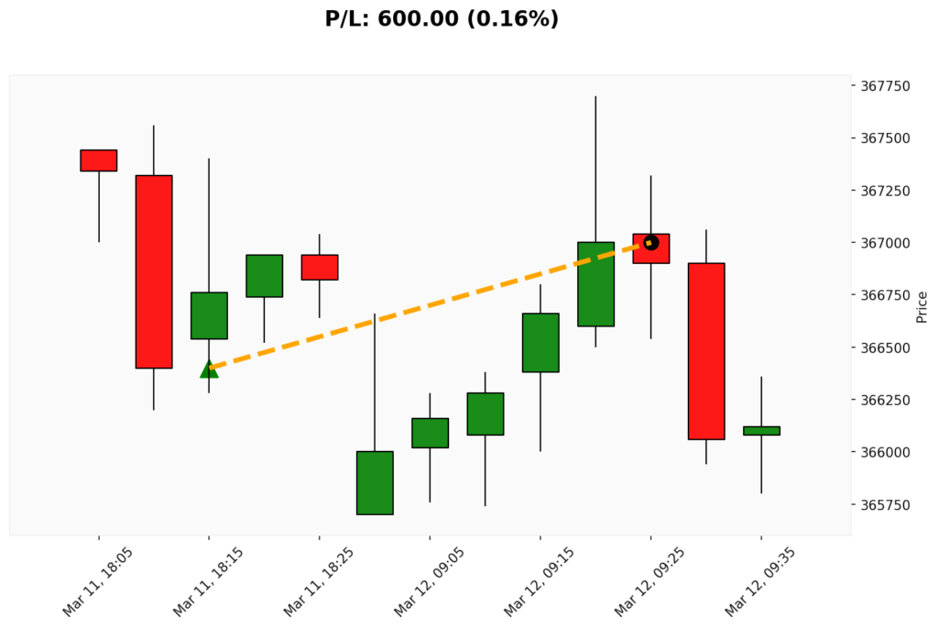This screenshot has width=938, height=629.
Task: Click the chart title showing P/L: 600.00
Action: click(442, 19)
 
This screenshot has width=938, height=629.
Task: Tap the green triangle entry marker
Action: click(209, 369)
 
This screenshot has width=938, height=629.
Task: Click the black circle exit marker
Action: click(650, 243)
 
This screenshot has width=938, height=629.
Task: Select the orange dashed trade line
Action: click(430, 305)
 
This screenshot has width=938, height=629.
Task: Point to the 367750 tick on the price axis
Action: click(885, 87)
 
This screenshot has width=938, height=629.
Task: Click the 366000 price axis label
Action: click(885, 452)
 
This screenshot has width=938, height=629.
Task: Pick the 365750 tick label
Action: click(885, 505)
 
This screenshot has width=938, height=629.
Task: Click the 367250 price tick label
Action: click(885, 191)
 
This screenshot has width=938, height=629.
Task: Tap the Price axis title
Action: click(922, 307)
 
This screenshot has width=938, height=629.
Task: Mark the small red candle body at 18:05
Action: click(99, 160)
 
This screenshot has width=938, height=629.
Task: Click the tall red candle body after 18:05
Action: click(154, 271)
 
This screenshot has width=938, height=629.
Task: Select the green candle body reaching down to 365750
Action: click(375, 483)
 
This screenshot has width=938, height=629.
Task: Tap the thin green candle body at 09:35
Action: click(761, 430)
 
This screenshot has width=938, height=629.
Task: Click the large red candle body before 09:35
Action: click(706, 351)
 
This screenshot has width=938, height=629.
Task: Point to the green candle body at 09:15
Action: click(540, 343)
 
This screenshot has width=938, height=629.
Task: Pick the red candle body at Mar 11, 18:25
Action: click(320, 267)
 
